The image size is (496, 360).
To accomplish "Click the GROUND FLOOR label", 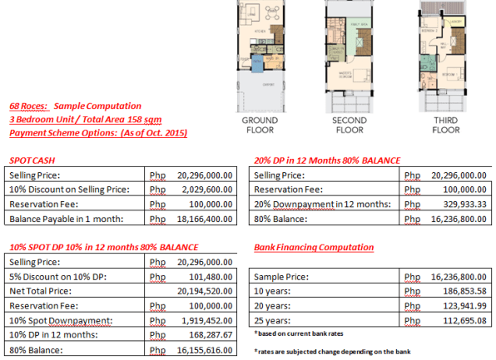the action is point(260,125).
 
